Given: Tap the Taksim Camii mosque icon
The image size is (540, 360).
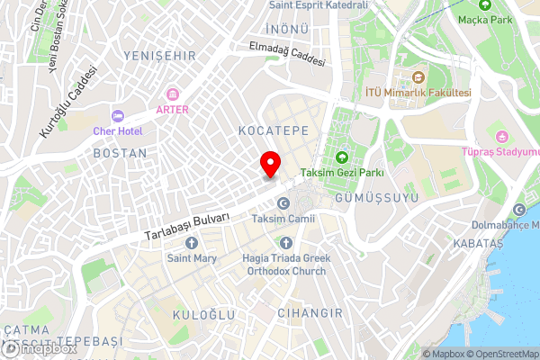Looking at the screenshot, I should click(x=283, y=202).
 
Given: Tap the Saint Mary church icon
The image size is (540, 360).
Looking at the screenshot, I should click(x=191, y=243).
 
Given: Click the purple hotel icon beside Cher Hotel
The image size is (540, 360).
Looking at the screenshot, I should click(x=117, y=115).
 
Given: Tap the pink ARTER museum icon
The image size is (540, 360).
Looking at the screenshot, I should click(x=173, y=94).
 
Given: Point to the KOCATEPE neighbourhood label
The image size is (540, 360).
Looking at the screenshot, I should click(x=274, y=131).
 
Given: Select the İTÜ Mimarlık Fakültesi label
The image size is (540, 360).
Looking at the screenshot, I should click(x=418, y=92).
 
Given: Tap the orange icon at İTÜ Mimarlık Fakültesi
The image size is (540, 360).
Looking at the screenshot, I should click(x=418, y=76).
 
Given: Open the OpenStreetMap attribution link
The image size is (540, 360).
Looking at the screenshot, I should click(x=501, y=353).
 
